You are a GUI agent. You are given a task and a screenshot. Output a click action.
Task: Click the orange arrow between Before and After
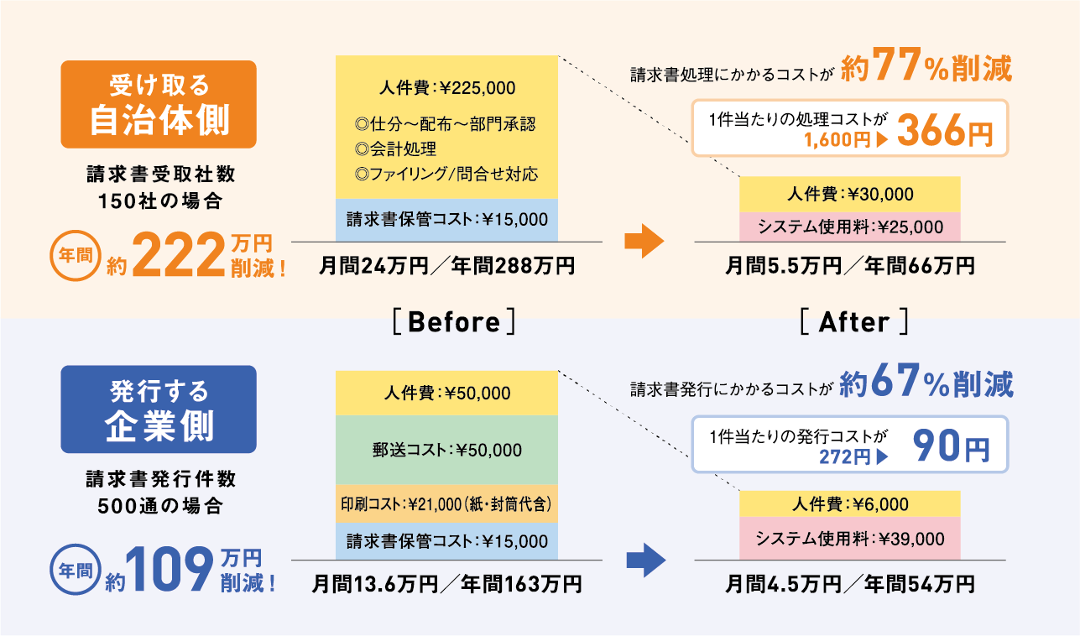tap(644, 242)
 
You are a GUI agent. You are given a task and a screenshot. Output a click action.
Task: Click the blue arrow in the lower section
tap(645, 560)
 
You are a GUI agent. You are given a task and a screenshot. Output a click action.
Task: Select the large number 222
tap(176, 256)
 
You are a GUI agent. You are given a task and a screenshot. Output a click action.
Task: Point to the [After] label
tap(853, 322)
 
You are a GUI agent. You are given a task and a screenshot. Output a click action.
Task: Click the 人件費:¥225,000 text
tap(446, 88)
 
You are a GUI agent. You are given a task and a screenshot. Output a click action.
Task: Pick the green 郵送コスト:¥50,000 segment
tap(446, 450)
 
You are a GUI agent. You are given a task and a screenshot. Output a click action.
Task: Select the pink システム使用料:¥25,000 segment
tap(849, 227)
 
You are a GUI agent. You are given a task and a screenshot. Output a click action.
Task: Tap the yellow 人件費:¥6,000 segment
tap(849, 504)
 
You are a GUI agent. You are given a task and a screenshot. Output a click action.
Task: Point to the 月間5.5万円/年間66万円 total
tap(849, 267)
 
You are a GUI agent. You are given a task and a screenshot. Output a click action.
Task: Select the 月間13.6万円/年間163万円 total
tap(446, 583)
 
